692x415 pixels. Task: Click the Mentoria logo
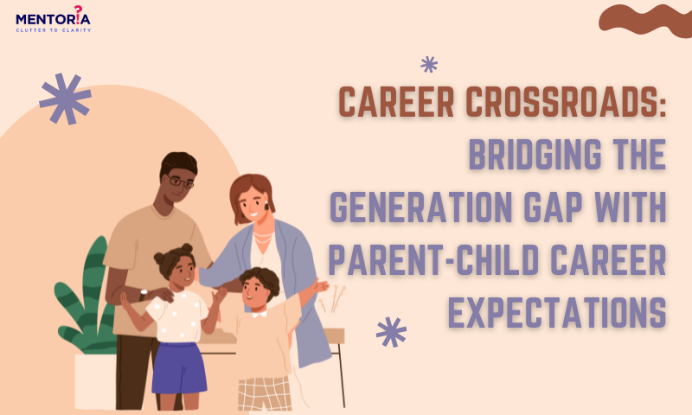(53, 19)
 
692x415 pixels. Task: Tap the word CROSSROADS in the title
(566, 102)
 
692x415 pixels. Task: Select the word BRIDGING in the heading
(535, 154)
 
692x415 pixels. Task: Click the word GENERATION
(421, 207)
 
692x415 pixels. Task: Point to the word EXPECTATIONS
(557, 312)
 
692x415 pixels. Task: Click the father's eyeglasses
(180, 182)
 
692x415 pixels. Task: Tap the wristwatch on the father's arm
(143, 294)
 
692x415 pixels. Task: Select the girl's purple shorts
(179, 367)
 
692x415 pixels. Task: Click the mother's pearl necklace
(263, 238)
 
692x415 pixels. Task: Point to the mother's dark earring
(266, 206)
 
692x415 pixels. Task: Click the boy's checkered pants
(265, 394)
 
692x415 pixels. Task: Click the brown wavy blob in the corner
(645, 20)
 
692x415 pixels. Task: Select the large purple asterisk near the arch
(66, 98)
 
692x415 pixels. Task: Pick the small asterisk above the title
(429, 64)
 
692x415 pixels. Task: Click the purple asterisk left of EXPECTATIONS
(391, 332)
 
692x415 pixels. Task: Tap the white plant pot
(96, 381)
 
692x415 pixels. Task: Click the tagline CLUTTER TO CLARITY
(54, 30)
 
